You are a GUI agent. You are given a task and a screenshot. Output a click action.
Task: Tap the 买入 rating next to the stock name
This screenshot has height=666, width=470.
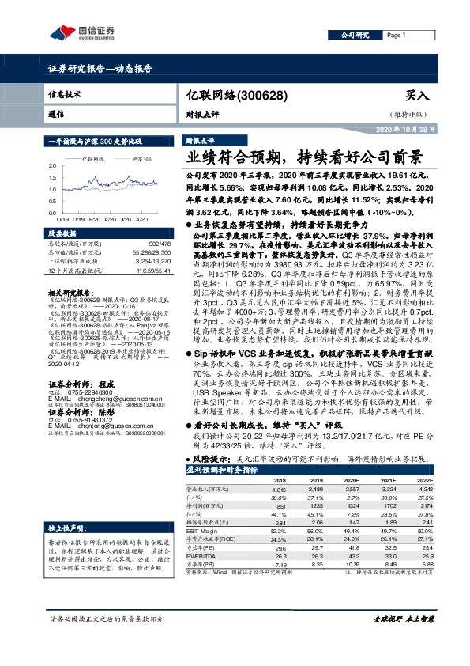(416, 95)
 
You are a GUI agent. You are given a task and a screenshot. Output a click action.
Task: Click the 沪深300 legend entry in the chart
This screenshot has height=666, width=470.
(141, 159)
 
